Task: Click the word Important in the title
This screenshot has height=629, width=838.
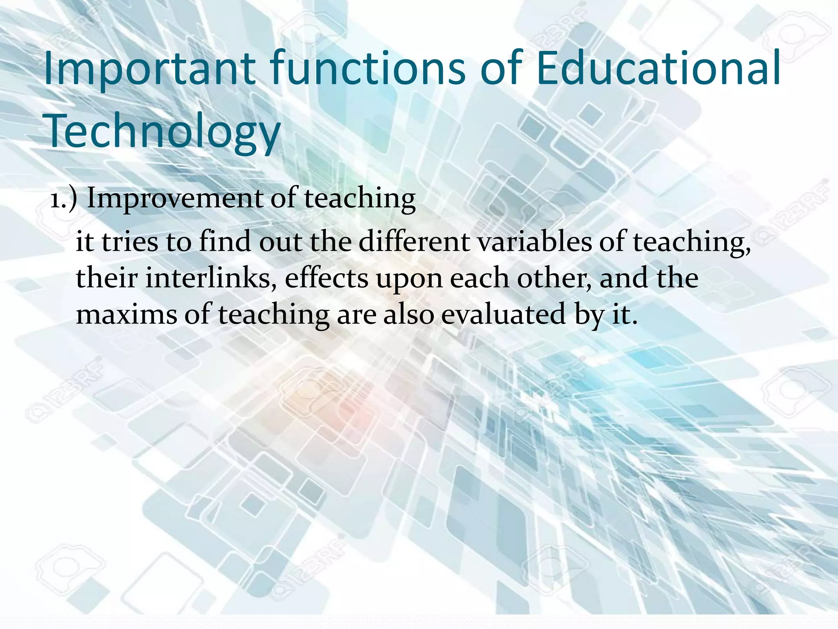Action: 150,69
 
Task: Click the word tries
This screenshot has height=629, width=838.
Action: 130,242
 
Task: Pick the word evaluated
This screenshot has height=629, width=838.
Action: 503,314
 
